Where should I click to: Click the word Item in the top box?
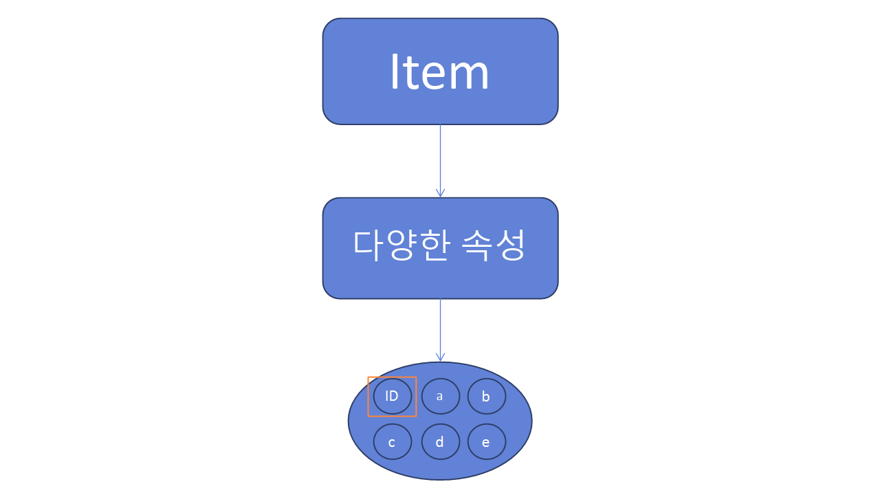pos(439,71)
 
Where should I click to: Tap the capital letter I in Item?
pos(395,71)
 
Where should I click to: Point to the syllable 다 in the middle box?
pos(367,245)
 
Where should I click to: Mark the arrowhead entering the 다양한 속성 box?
pos(440,193)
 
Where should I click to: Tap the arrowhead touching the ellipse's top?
pos(440,357)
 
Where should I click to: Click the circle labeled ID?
pos(393,396)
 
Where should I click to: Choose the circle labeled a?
pos(440,396)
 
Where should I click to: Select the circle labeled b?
pos(487,396)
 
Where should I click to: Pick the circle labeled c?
pos(393,442)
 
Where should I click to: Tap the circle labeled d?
pos(440,442)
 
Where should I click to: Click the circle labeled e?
pos(487,442)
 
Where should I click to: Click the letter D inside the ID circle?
pos(395,396)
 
